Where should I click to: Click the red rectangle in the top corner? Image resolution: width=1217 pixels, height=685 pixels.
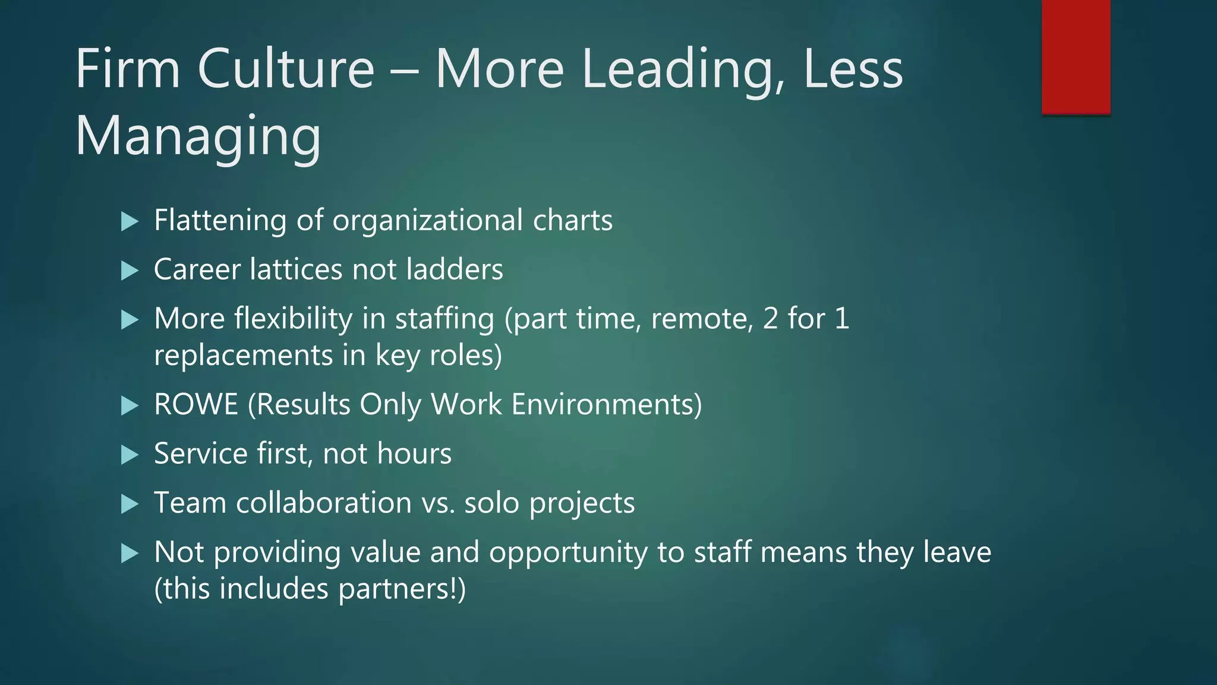1076,57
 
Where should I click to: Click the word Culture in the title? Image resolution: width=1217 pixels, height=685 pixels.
286,69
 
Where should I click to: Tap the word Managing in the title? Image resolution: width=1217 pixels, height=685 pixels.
198,136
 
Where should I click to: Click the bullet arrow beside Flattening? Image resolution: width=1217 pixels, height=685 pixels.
129,222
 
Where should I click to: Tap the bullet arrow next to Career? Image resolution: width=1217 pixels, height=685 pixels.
129,271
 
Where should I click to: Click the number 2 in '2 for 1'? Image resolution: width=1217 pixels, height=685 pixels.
770,319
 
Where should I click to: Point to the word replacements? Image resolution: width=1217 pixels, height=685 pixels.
243,356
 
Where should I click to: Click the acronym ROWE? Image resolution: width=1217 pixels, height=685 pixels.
196,405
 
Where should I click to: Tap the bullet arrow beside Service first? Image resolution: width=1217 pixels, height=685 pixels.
129,455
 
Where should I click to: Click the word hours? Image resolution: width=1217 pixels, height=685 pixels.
414,454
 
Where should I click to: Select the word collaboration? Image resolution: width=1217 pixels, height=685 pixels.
324,503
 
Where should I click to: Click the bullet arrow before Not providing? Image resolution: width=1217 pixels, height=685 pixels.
129,554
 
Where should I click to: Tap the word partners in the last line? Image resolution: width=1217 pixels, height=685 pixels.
396,590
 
